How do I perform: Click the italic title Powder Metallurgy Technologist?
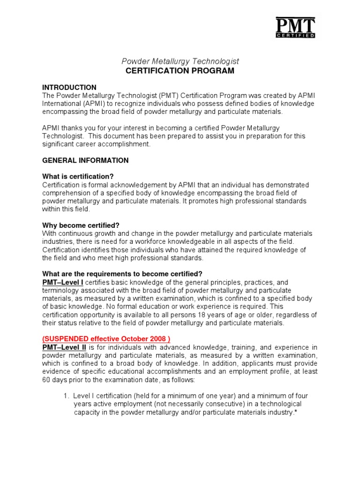(180, 61)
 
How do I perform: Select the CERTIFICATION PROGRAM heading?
(180, 71)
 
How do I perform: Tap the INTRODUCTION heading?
(69, 88)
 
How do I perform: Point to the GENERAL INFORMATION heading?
(85, 160)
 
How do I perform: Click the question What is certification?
(78, 176)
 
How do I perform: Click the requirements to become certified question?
(122, 274)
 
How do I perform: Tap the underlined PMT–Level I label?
(63, 282)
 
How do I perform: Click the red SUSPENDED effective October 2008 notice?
(106, 339)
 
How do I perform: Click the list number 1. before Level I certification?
(66, 396)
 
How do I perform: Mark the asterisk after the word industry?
(296, 412)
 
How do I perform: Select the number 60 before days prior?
(46, 380)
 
